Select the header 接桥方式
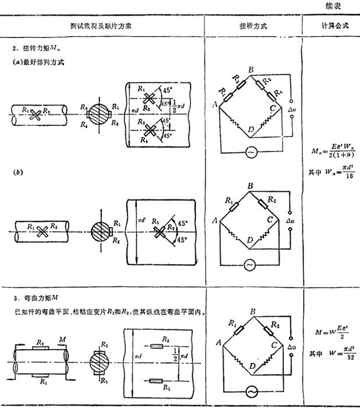click(x=253, y=27)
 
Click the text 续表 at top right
click(x=340, y=6)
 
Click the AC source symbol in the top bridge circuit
click(x=252, y=152)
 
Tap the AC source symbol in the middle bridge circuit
click(x=252, y=265)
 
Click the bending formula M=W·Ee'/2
click(x=330, y=333)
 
